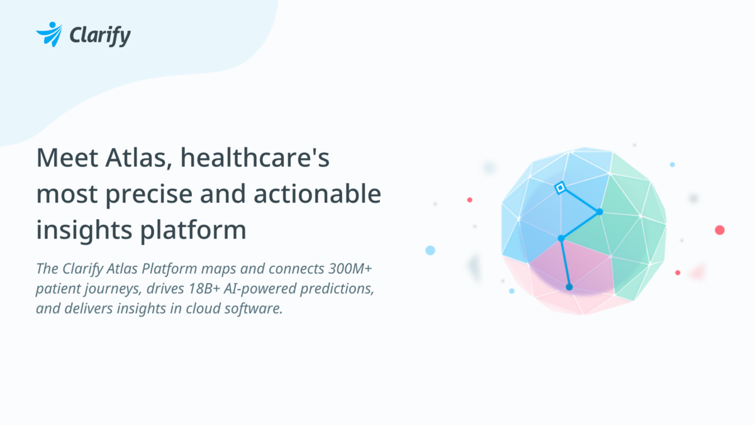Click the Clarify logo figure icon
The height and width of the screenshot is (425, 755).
49,34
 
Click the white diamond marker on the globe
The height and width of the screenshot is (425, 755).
559,188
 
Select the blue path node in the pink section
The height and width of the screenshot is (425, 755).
569,287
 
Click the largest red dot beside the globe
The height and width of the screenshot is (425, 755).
720,230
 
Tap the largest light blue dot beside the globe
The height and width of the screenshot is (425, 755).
430,250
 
